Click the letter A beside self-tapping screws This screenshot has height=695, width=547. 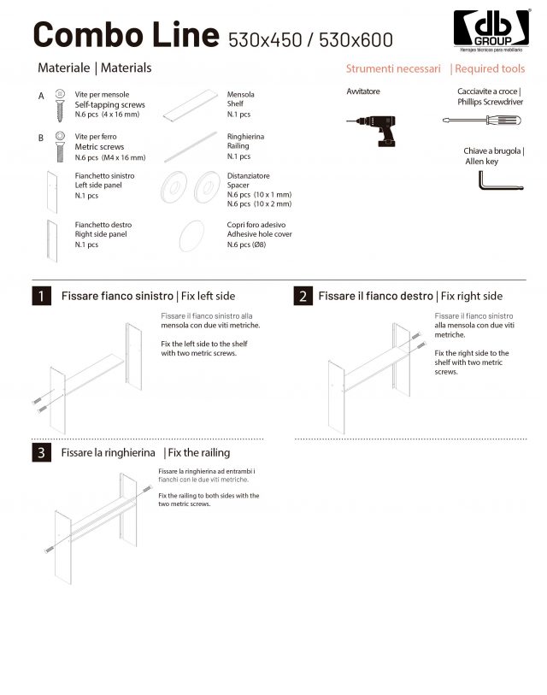click(41, 97)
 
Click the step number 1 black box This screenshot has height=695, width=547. click(40, 297)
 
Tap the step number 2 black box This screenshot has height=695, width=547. click(303, 297)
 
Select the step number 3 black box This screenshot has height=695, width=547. click(40, 452)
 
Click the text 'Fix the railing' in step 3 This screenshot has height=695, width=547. click(199, 452)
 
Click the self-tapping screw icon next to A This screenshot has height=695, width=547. click(60, 101)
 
